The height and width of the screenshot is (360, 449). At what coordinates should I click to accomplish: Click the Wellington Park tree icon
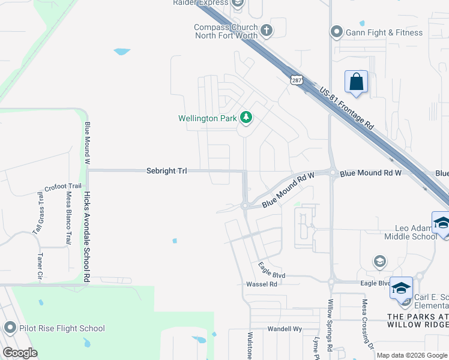point(245,117)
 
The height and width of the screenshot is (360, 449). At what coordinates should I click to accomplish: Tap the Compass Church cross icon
point(267,29)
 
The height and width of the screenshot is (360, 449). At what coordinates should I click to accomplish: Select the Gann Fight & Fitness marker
point(336,32)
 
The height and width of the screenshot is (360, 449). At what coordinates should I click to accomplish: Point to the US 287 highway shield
point(295,80)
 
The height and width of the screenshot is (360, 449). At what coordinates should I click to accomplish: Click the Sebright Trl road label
point(167,171)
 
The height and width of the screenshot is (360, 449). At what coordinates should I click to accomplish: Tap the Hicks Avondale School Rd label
point(87,237)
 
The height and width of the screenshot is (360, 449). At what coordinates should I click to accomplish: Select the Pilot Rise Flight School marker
point(10,328)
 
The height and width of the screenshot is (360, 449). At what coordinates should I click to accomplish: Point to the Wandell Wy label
point(284,329)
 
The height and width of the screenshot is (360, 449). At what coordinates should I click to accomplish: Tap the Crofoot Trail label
point(62,187)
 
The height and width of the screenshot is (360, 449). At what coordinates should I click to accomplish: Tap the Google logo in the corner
point(20,352)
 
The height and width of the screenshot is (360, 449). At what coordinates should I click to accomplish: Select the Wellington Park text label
point(208,118)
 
